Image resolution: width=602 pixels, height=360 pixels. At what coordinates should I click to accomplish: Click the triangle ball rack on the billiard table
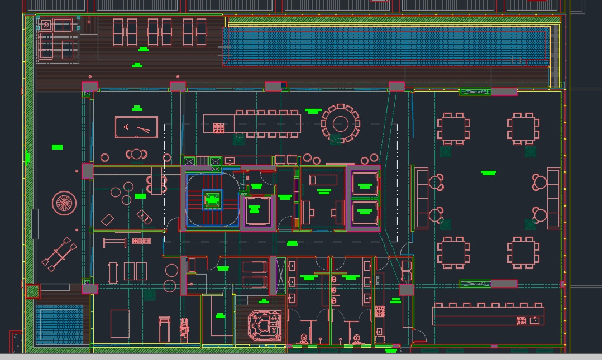click(x=124, y=128)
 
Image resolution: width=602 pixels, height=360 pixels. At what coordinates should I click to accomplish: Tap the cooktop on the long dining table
click(x=219, y=128)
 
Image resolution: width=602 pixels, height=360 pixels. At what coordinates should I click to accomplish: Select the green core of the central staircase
click(x=212, y=199)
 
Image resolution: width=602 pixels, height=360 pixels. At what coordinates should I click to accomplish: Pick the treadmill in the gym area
click(x=164, y=329)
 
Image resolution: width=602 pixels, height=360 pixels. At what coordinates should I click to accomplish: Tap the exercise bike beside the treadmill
click(x=184, y=329)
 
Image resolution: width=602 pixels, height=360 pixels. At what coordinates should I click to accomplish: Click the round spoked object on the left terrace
click(x=64, y=203)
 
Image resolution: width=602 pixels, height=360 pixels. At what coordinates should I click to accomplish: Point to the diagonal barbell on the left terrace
click(x=58, y=254)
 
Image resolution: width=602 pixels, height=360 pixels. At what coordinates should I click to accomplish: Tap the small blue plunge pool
click(x=59, y=323)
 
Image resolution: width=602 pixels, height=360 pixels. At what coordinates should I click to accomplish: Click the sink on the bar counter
click(x=535, y=320)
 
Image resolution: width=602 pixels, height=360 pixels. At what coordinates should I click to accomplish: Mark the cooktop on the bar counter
click(x=521, y=320)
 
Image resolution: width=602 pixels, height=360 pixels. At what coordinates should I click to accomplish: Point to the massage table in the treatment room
click(x=323, y=180)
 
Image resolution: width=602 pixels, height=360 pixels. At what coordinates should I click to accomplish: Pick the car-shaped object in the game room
click(x=144, y=217)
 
